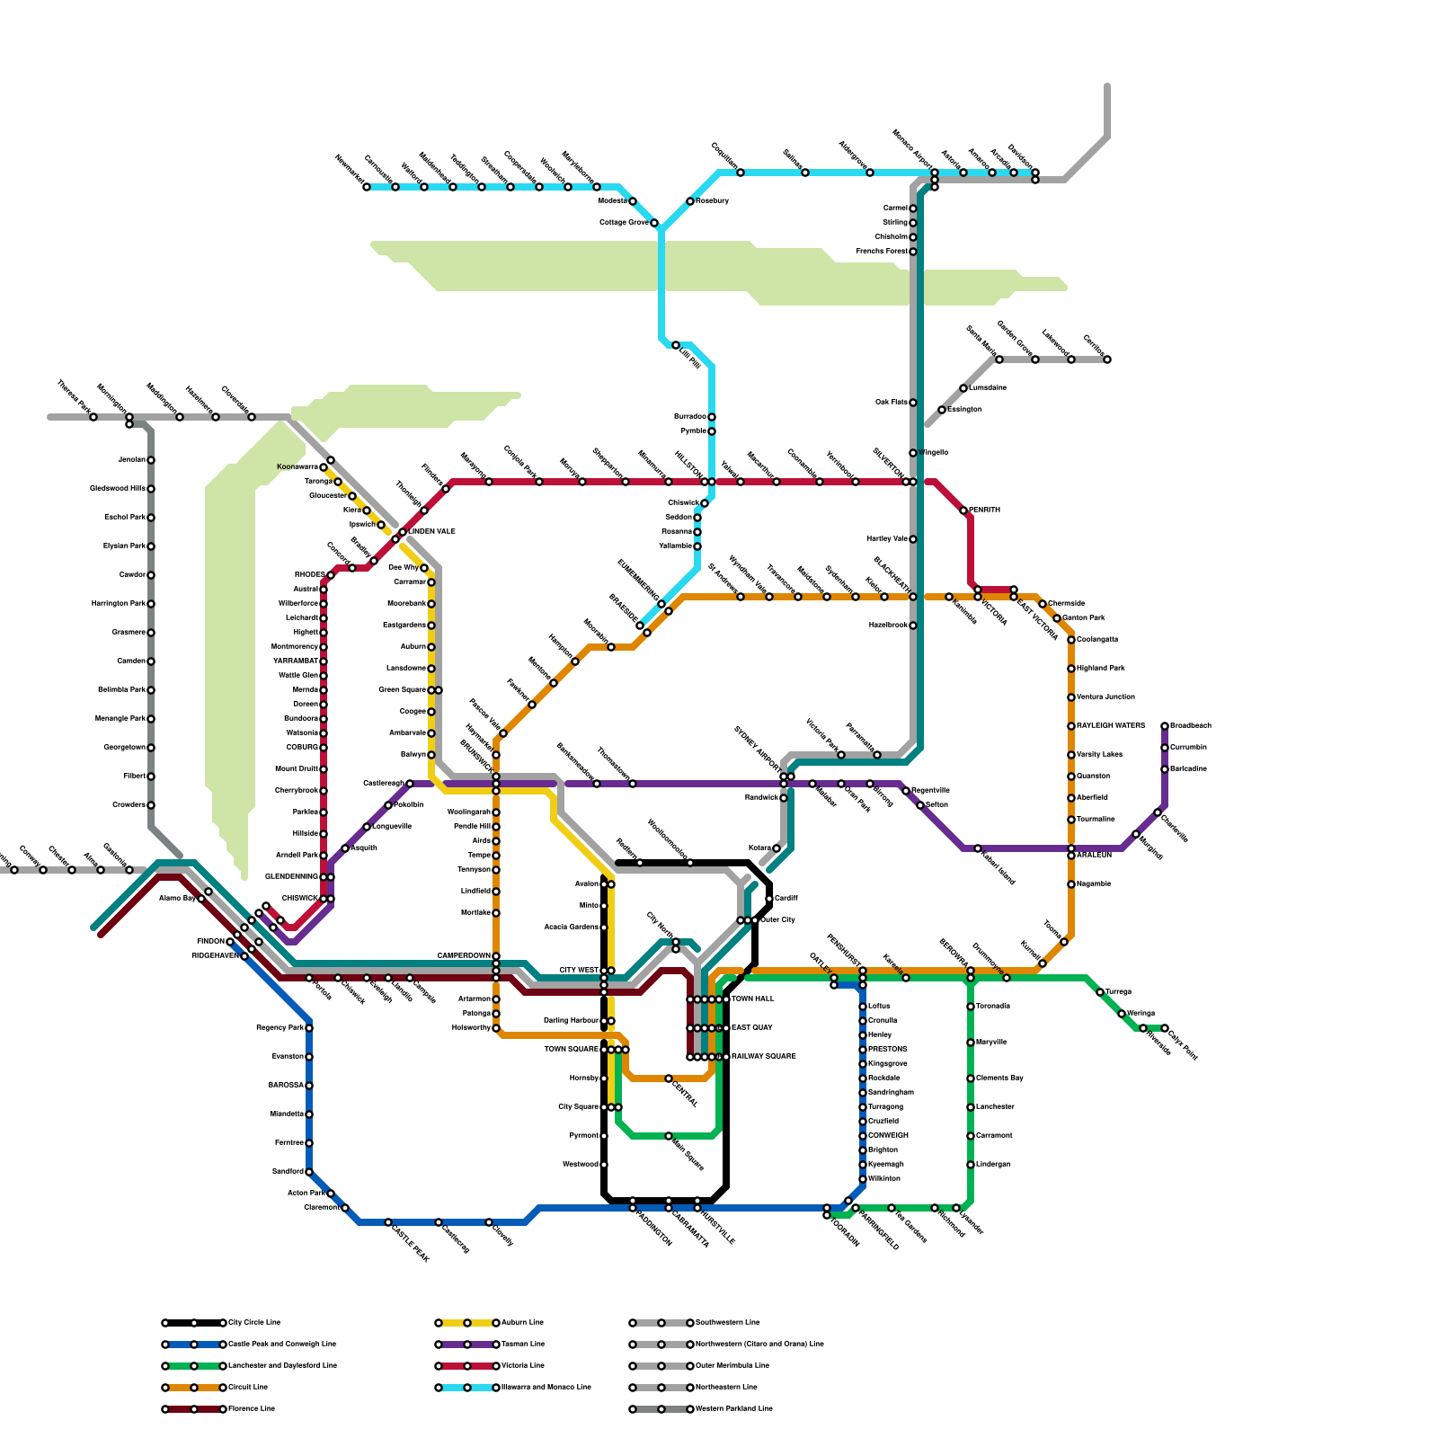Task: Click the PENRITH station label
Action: click(984, 510)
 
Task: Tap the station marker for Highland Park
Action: click(1071, 669)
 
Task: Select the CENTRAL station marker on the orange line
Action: click(669, 1078)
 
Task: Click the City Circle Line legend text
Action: click(254, 1322)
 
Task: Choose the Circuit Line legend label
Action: click(248, 1387)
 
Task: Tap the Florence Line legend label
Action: click(252, 1408)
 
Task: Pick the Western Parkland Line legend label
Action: click(733, 1408)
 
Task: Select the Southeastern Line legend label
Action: click(728, 1322)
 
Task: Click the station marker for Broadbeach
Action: click(1165, 726)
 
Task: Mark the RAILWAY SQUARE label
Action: click(763, 1056)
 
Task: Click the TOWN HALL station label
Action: click(752, 999)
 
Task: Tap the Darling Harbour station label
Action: click(571, 1020)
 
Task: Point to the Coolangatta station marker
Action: click(1071, 640)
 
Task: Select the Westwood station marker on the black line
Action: click(604, 1165)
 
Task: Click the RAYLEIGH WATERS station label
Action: click(1111, 725)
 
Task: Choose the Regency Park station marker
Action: click(309, 1028)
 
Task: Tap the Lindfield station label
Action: click(475, 891)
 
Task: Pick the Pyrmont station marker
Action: click(604, 1136)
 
